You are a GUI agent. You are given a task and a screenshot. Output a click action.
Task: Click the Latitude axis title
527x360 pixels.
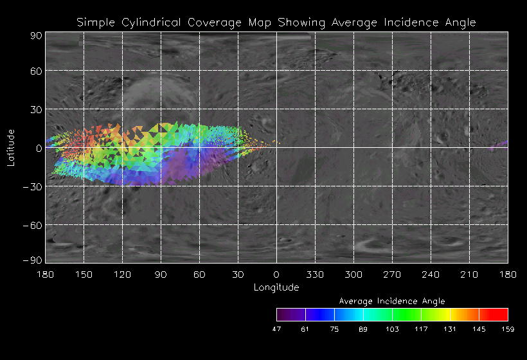point(12,147)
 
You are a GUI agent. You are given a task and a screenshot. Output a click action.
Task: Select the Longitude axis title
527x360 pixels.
point(276,287)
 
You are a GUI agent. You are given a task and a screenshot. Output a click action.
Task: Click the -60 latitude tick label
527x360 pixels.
point(32,225)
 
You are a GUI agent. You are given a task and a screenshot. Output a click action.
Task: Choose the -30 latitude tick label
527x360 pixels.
point(32,186)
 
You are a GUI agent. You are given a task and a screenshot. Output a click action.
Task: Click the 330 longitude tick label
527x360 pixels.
point(315,274)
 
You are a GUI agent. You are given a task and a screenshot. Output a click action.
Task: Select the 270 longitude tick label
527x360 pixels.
point(392,274)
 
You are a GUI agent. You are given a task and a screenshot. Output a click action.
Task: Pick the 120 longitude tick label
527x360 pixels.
point(122,274)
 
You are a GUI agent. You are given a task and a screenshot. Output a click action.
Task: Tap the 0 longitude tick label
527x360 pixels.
point(276,274)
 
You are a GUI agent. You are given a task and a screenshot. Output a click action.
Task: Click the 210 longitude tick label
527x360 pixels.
point(469,274)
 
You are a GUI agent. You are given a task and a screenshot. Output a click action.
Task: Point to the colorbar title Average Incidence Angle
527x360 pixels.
point(392,301)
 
